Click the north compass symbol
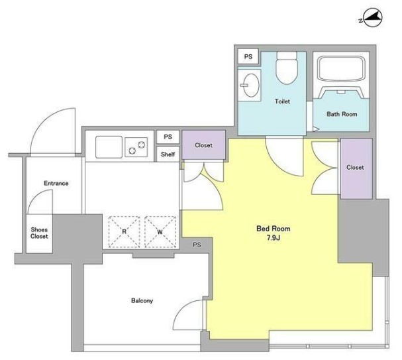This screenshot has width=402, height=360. coord(372,18)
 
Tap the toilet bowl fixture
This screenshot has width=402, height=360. coord(287,68)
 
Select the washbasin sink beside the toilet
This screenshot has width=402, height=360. coord(250,85)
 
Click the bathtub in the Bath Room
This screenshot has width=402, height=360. coord(340,68)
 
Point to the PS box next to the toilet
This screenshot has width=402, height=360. coord(248,56)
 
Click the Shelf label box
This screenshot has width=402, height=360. coord(168,154)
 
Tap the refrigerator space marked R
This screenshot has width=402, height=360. coord(125,232)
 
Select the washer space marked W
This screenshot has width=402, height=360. coord(160,232)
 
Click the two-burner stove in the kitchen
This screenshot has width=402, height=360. coord(136,147)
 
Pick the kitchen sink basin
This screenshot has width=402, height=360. coord(109,147)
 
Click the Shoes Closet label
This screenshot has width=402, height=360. coord(39,233)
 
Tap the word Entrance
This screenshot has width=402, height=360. coord(56,183)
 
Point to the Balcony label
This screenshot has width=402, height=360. coord(142,300)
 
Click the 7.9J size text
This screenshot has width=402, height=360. coord(274,238)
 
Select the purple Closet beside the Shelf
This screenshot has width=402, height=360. coord(203,145)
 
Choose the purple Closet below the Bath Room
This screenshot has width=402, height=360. coord(356,168)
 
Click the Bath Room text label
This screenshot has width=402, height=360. coord(342,114)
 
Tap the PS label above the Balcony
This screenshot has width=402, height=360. coord(197,245)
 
